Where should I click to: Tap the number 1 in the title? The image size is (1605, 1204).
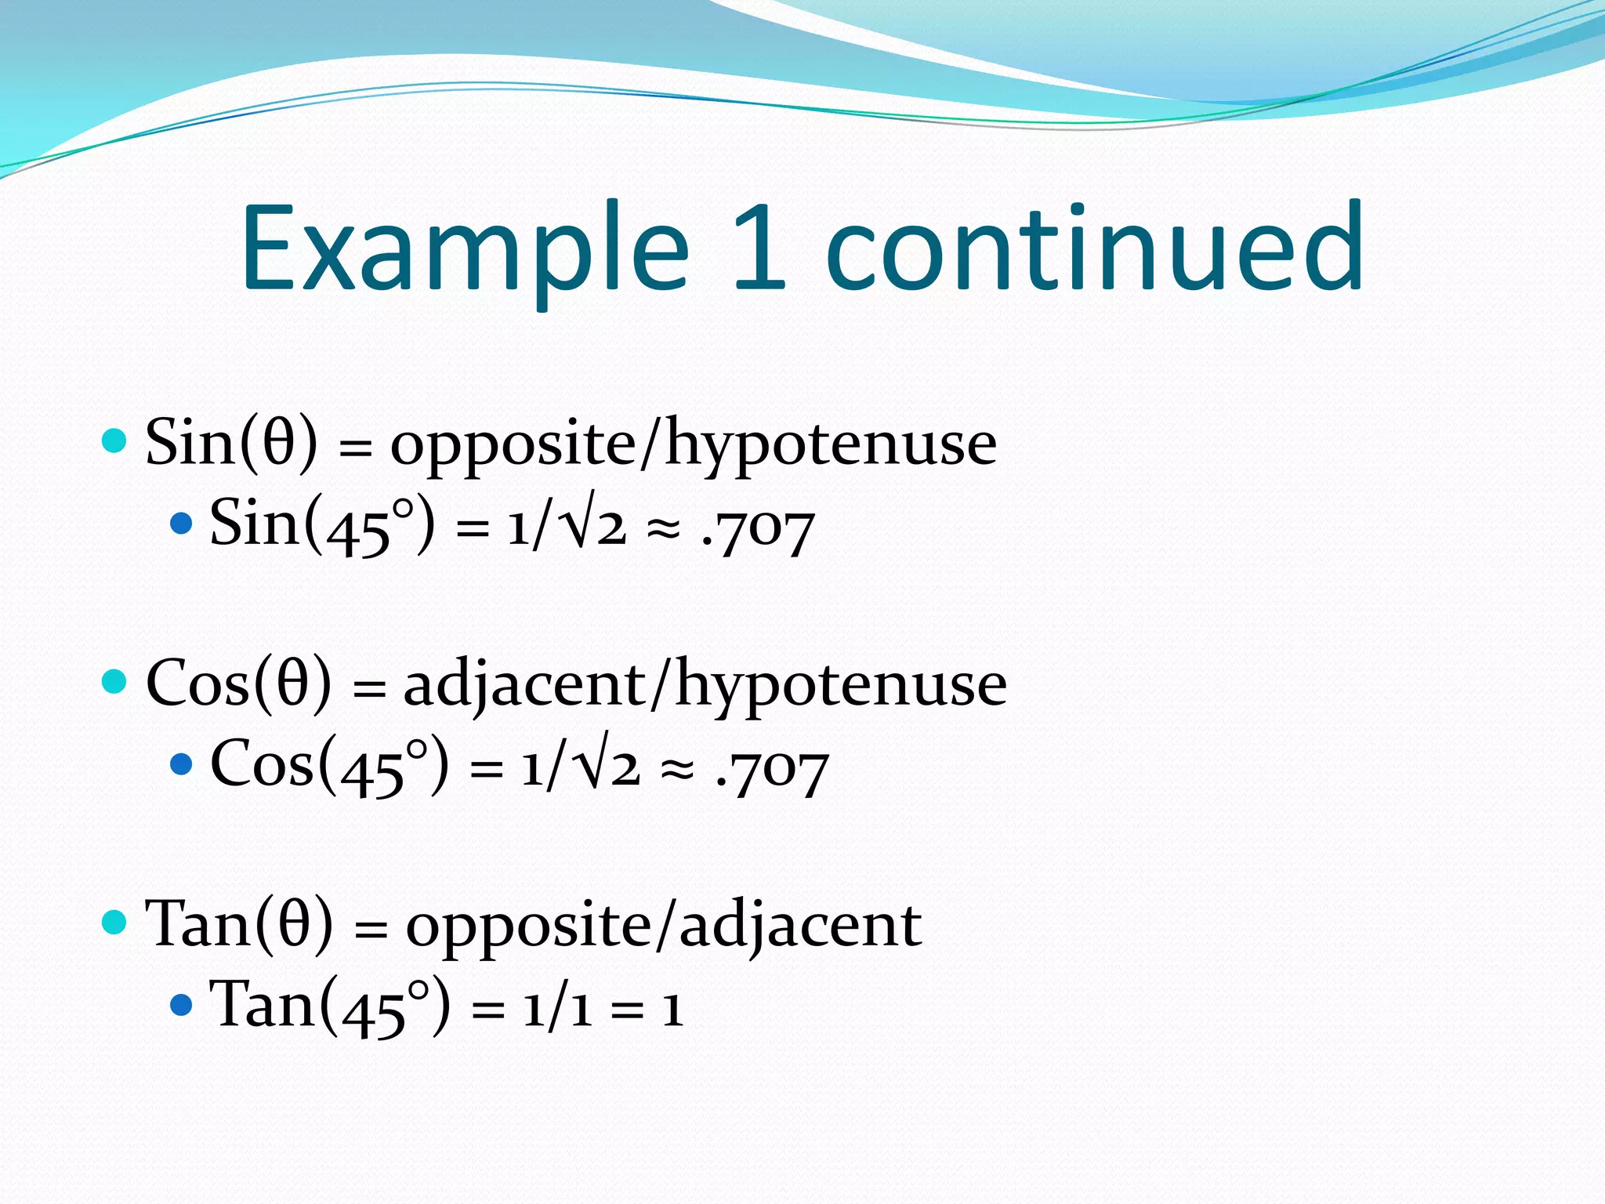tap(759, 246)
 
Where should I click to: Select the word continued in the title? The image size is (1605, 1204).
tap(1094, 246)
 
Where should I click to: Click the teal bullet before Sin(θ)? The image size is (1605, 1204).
tap(114, 441)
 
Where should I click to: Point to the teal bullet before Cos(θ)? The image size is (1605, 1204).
tap(114, 681)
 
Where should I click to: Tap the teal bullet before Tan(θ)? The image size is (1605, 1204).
tap(114, 922)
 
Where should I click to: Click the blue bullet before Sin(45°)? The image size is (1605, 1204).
tap(181, 524)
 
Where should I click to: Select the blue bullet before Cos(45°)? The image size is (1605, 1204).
tap(181, 763)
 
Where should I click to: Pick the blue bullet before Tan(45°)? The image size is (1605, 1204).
tap(181, 1004)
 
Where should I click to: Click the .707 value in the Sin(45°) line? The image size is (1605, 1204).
tap(759, 530)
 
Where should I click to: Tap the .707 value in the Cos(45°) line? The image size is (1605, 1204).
tap(773, 770)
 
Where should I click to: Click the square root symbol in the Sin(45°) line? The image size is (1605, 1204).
tap(581, 520)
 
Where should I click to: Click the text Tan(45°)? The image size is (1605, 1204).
tap(330, 1006)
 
